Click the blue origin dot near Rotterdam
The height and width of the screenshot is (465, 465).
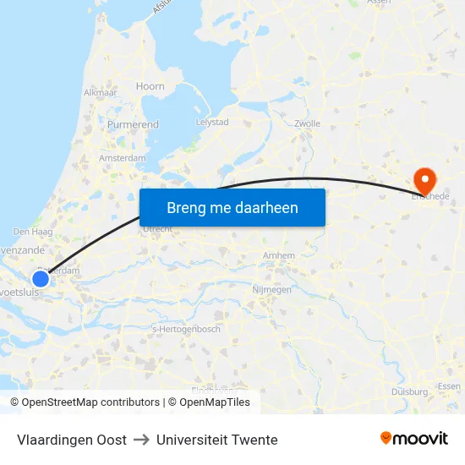[41, 278]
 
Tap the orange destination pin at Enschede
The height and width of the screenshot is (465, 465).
[423, 179]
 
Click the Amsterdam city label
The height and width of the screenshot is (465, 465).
[122, 158]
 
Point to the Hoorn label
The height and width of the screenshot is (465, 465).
[150, 86]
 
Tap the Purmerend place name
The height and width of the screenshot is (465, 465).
[133, 124]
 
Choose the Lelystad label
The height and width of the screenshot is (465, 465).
[212, 122]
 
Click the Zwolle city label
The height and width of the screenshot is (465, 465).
[308, 123]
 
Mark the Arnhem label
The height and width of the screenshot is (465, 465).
[280, 255]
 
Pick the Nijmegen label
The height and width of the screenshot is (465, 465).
[271, 290]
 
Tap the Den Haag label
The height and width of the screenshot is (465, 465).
[33, 232]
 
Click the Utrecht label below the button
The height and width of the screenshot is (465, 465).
[158, 229]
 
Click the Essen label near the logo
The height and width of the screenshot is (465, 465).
[449, 386]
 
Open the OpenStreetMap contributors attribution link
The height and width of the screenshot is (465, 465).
[90, 402]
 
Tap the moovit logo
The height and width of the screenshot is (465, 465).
[414, 439]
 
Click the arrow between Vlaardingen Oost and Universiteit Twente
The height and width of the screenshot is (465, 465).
[141, 440]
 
